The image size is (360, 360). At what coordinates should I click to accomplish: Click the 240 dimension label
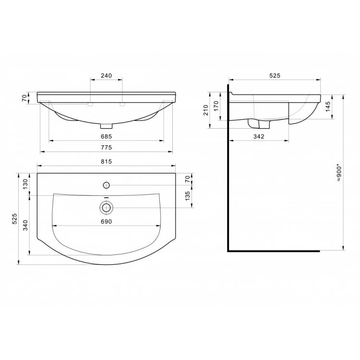tap(106, 75)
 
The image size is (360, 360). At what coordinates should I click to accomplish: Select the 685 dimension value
tap(106, 137)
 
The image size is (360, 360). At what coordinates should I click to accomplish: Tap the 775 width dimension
tap(106, 147)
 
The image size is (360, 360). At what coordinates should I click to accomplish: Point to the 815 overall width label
tap(106, 162)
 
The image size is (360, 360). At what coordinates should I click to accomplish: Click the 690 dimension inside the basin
tap(106, 222)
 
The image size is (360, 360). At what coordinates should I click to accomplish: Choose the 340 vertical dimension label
tap(25, 225)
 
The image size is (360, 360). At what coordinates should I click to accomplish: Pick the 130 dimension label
tap(25, 184)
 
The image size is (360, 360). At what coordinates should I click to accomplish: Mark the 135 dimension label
tap(187, 196)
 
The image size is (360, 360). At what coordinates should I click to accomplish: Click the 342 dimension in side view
tap(259, 137)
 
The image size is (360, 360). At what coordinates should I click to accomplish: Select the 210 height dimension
tap(205, 110)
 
